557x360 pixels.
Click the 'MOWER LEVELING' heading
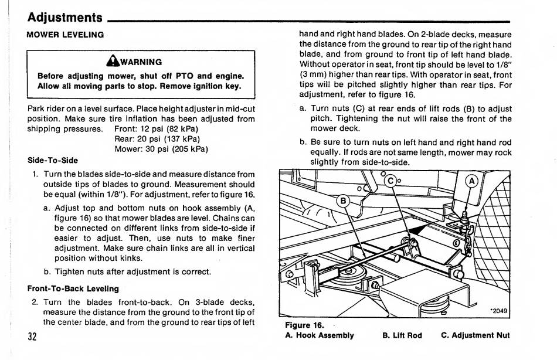tap(65, 35)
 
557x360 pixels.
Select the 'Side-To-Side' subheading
tap(53, 160)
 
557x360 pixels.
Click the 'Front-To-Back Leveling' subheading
tap(73, 288)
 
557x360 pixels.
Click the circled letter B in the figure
tap(342, 202)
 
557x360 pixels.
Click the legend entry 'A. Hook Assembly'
tap(320, 336)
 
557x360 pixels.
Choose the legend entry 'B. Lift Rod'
tap(402, 336)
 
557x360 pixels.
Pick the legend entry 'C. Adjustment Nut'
tap(475, 336)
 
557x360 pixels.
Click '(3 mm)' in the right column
tap(314, 74)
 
